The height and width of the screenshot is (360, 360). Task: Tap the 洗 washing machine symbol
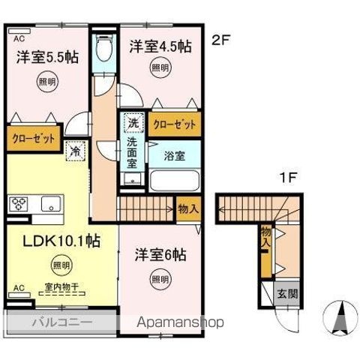point(132,121)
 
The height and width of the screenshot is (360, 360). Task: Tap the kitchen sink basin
point(51,203)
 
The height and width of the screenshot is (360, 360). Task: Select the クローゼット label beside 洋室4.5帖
point(174,124)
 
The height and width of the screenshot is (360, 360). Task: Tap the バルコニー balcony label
point(61,322)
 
